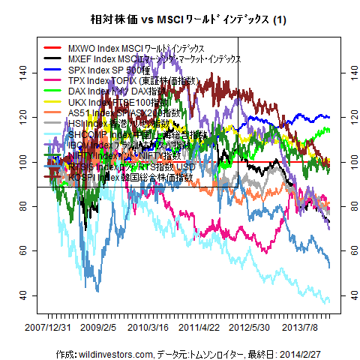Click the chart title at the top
(180, 18)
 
